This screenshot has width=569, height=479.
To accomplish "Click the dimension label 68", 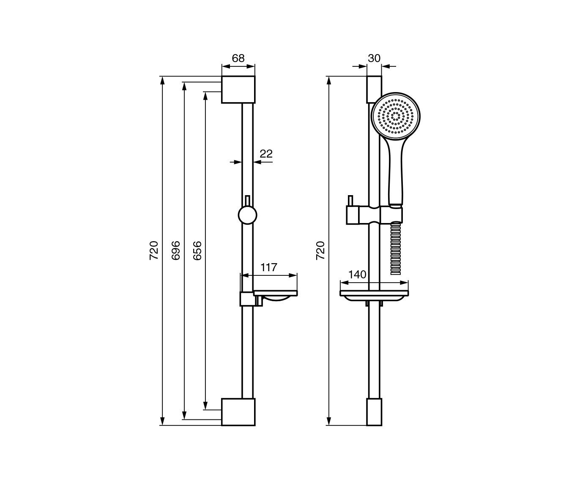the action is (x=238, y=58).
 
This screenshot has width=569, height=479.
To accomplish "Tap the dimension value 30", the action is (x=374, y=58).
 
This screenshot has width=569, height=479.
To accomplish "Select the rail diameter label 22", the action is (x=266, y=154).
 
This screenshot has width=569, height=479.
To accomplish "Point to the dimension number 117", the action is (x=269, y=267).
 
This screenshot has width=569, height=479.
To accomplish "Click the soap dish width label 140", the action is (x=357, y=275).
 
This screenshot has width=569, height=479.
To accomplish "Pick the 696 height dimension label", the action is (x=176, y=250).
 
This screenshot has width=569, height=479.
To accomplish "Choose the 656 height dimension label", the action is (x=197, y=250).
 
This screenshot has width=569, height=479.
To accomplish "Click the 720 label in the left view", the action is (x=154, y=250).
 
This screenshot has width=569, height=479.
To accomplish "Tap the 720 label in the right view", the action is (x=320, y=250).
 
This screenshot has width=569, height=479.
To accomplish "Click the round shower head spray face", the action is (x=396, y=116).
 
